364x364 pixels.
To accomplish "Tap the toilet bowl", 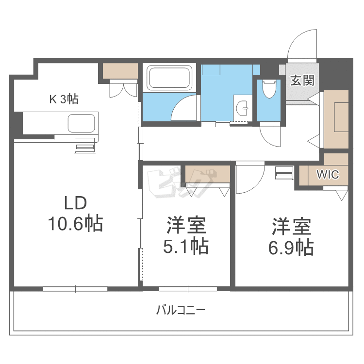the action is (x=269, y=89).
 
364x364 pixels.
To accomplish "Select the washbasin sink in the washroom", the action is (x=243, y=108).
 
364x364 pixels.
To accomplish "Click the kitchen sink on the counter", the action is (x=81, y=123).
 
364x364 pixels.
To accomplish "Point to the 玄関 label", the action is (x=302, y=81).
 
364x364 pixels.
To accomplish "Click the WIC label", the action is (x=328, y=174).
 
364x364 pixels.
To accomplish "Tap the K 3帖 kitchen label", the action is (x=64, y=99).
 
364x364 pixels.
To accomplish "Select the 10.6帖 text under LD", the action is (x=75, y=223).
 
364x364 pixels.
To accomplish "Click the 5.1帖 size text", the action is (x=186, y=246).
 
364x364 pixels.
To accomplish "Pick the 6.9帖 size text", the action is (x=291, y=248).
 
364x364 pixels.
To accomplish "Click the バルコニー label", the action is (x=181, y=310).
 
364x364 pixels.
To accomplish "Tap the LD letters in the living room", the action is (x=75, y=203).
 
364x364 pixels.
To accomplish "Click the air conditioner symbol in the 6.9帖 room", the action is (x=284, y=173).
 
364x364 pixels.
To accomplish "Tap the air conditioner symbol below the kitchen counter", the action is (x=85, y=146).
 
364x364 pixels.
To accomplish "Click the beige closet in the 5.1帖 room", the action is (x=208, y=174).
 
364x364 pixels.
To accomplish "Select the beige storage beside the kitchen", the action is (x=120, y=71).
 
